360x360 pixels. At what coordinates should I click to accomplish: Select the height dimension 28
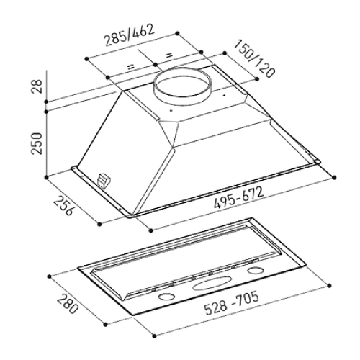pos(37,86)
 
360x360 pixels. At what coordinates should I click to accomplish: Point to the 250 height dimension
pos(37,143)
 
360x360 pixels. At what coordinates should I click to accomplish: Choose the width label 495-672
pos(239,198)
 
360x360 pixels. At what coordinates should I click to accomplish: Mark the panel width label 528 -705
pos(232,302)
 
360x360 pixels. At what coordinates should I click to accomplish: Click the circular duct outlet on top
pos(183,85)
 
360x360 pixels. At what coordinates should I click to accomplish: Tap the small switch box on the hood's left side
pos(104,180)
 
